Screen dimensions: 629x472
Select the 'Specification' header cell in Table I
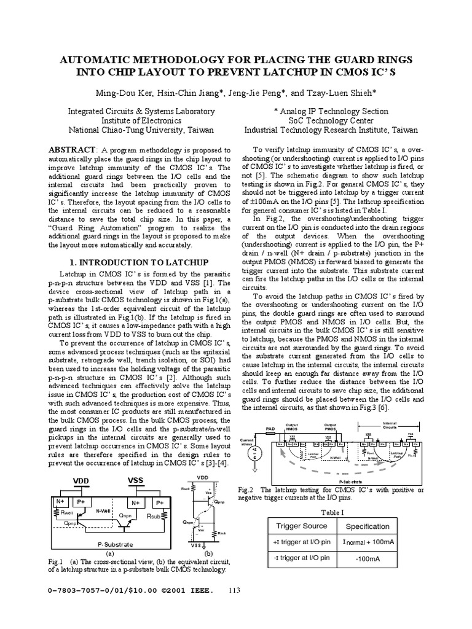click(x=368, y=526)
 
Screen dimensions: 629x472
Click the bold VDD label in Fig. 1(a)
click(x=82, y=479)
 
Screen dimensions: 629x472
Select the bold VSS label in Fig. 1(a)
click(x=135, y=479)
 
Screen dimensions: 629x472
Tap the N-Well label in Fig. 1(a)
click(x=103, y=510)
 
